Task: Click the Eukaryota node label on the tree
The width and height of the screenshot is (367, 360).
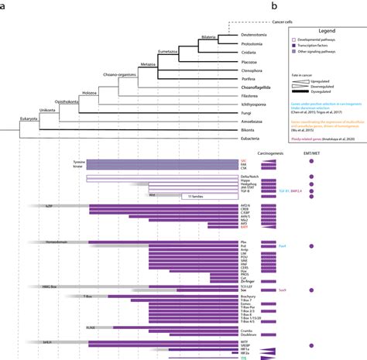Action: (29, 118)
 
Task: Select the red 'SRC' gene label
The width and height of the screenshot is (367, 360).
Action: (244, 162)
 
